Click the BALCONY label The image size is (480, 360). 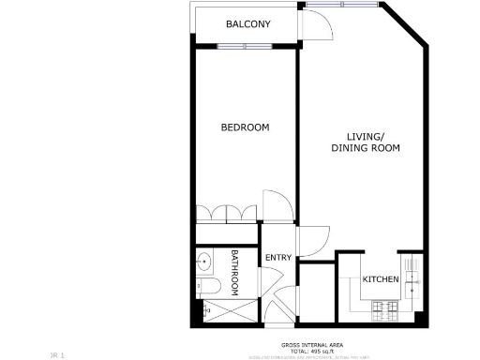[247, 23]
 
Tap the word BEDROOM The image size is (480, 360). [245, 127]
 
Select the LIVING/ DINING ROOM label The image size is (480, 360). [365, 142]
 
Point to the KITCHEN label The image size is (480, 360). [381, 279]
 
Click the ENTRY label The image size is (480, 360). [278, 258]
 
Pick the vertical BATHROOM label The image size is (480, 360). [235, 272]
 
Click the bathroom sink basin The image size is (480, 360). [204, 262]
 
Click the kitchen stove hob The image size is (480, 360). [383, 309]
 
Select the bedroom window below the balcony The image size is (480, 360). [245, 46]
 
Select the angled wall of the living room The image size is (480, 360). [405, 24]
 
